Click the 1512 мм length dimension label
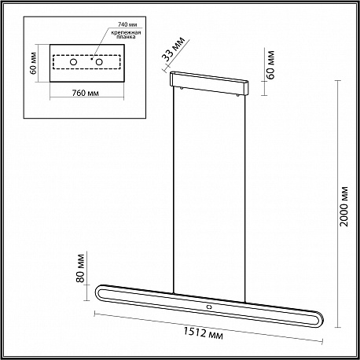coord(203,333)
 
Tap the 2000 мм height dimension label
coord(343,207)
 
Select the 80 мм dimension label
coord(81,268)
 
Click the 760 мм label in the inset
coord(86,93)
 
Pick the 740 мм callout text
coord(127,24)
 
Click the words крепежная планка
coord(126,35)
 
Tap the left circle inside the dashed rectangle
coord(74,62)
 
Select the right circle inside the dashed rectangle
coord(99,62)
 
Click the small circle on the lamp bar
coord(209,307)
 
